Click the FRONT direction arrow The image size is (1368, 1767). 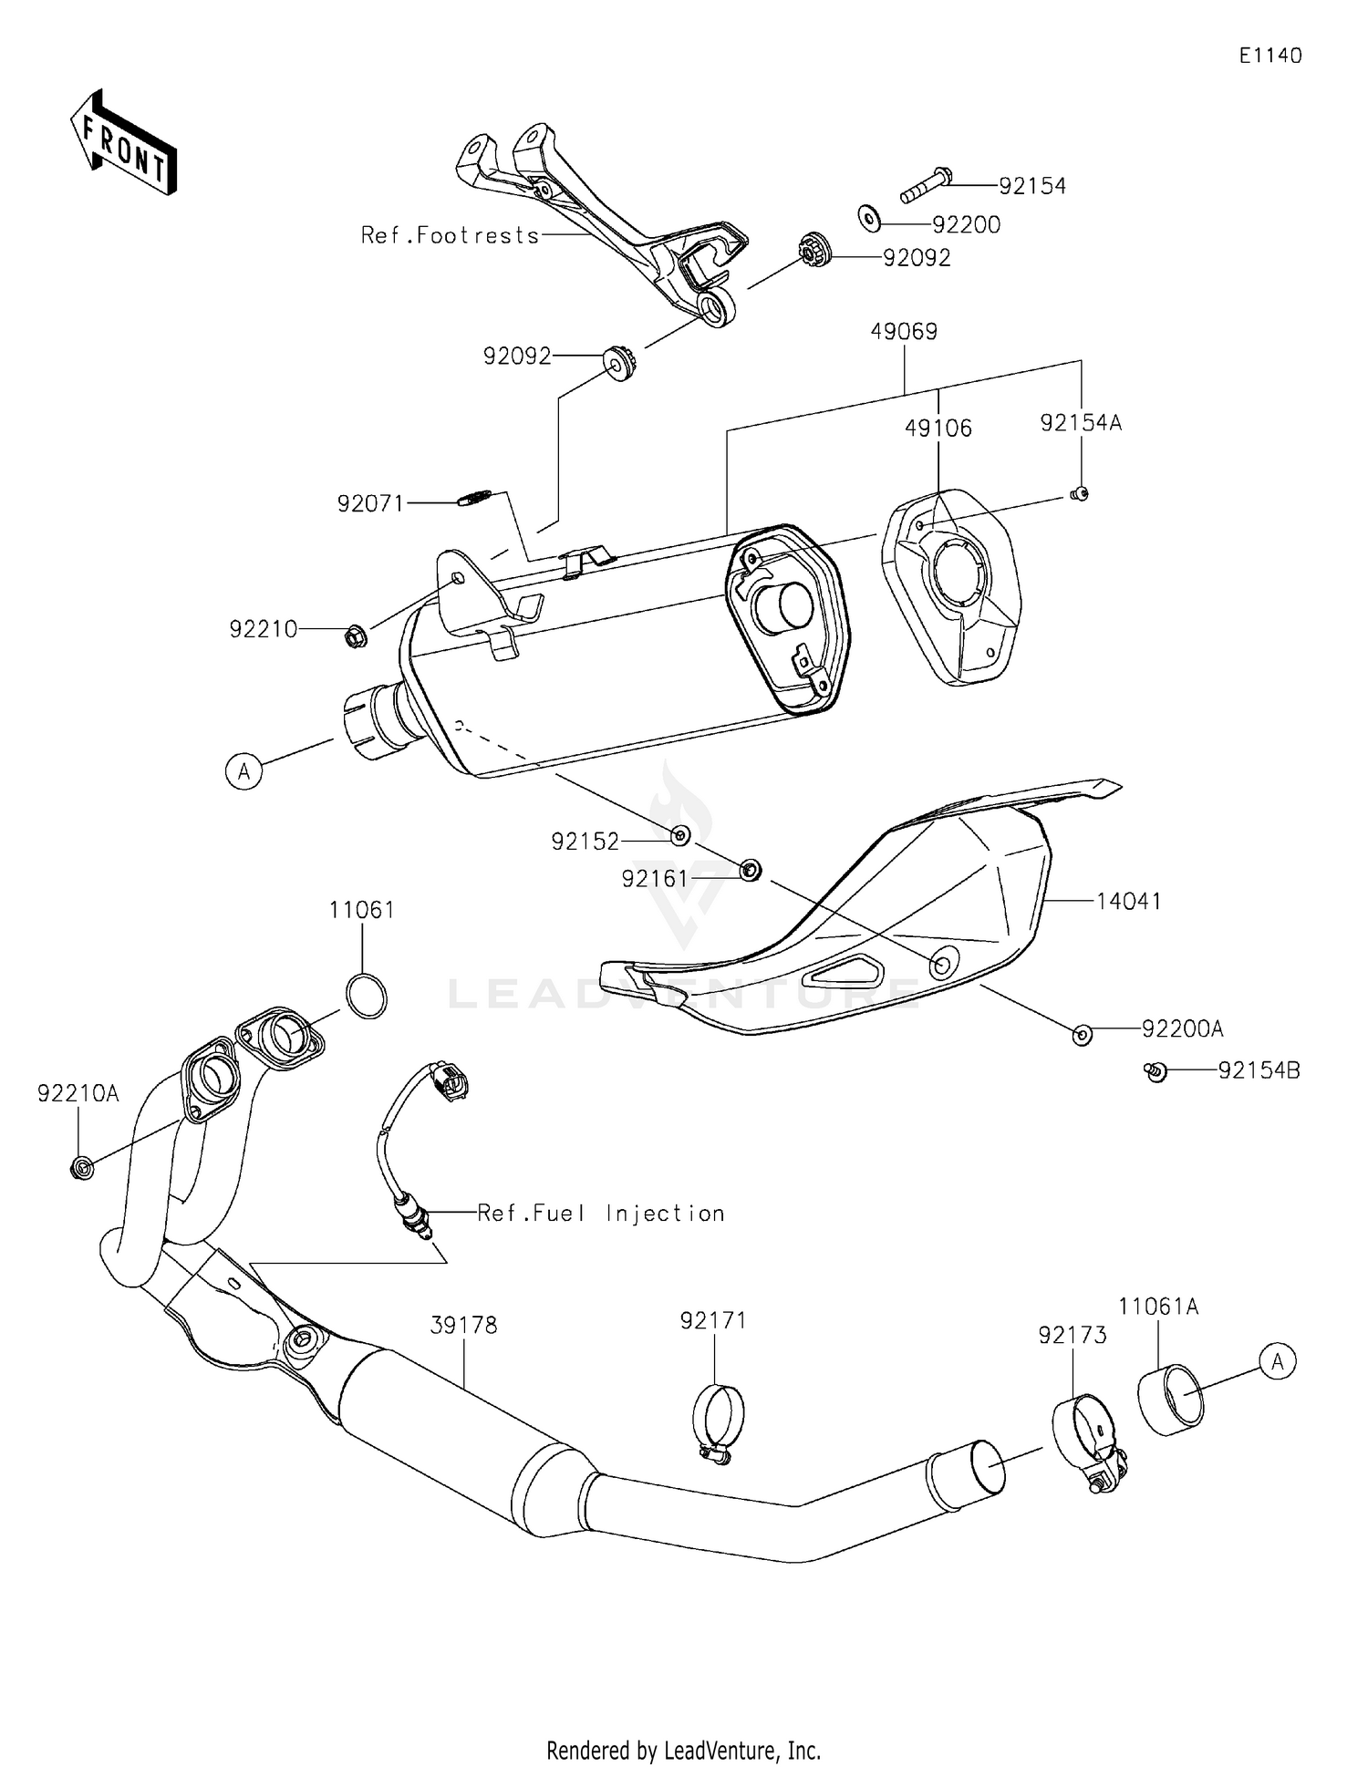[x=123, y=144]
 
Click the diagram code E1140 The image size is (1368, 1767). [x=1270, y=57]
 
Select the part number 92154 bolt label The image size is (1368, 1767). [x=1031, y=186]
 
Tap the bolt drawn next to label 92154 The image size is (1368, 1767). [x=927, y=184]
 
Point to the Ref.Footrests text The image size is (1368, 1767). [x=450, y=235]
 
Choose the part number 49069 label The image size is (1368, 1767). [x=903, y=332]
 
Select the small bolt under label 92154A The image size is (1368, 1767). [x=1079, y=494]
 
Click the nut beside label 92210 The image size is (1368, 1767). [x=357, y=635]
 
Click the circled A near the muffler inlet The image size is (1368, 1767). [x=244, y=771]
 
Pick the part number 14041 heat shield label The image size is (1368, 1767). [x=1128, y=901]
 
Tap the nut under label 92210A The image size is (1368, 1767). [x=81, y=1167]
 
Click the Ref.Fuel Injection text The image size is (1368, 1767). [x=601, y=1214]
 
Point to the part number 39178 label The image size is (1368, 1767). [x=463, y=1325]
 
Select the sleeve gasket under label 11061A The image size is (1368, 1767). [x=1171, y=1400]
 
